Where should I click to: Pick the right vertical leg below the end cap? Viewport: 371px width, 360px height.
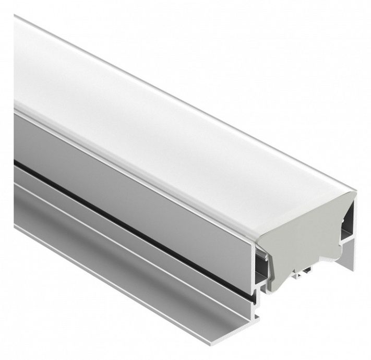tap(349, 255)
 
